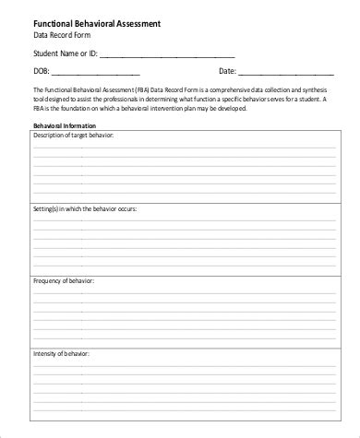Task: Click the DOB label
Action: (42, 69)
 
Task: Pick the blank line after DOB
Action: (97, 72)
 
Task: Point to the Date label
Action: (227, 69)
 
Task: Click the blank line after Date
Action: (286, 72)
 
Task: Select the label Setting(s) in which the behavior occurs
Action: (85, 208)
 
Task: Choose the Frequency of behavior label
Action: (65, 279)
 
